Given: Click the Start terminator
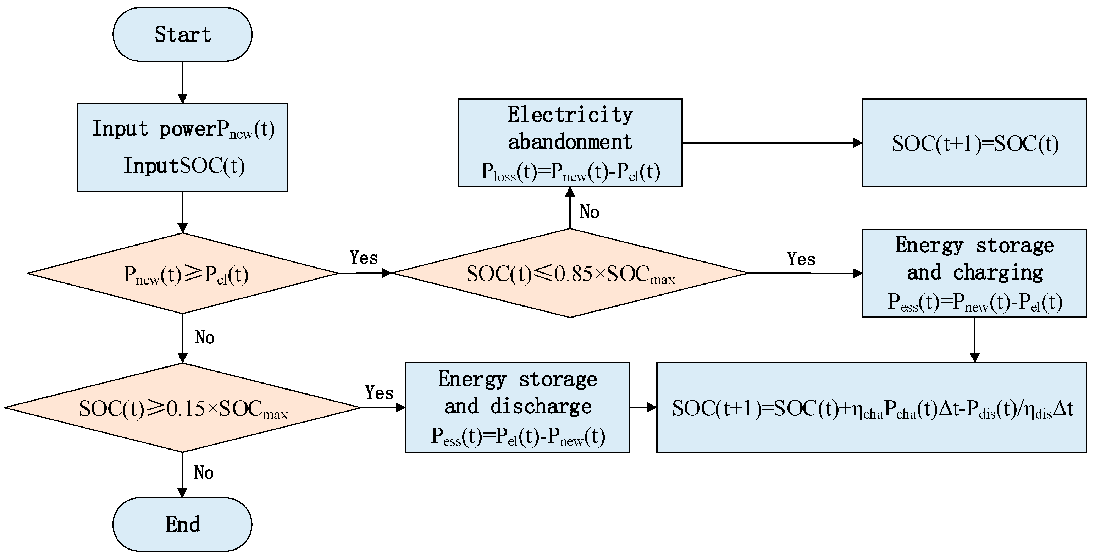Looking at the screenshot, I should pos(182,34).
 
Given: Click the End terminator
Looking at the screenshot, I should pos(182,524).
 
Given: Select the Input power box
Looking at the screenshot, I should pos(182,147).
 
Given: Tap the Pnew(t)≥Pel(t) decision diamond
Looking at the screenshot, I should pos(182,274).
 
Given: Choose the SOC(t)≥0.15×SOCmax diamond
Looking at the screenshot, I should pos(182,408).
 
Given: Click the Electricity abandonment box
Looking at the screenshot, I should pos(570,143).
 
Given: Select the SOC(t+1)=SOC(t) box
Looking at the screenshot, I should pos(974,143).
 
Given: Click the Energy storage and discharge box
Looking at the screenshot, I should pos(517,407).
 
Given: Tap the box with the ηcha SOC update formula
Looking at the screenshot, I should pos(872,407).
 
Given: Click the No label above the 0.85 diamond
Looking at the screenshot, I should pos(589,212).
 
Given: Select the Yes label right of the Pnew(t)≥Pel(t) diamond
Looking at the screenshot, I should pos(364,258).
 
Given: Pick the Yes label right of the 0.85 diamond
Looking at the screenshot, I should pos(801,259).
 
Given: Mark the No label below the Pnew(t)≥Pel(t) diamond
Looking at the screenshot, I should pos(204,337).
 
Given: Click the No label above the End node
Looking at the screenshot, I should pos(204,473).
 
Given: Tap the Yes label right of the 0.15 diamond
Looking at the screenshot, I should pos(379,392).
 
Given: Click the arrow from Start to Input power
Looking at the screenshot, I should pos(182,82).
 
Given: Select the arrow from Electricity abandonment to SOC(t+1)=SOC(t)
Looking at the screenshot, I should pos(772,143).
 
